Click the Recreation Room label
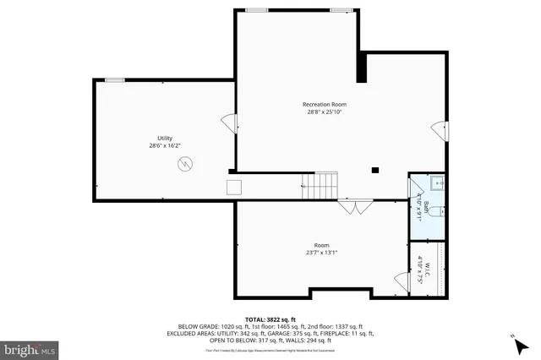(325, 105)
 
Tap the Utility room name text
(164, 138)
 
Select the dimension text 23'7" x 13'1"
(321, 252)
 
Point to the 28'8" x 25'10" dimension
(325, 112)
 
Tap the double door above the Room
(354, 205)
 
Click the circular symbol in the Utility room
(185, 165)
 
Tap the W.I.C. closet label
(428, 273)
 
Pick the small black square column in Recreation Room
(374, 171)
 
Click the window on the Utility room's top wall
(115, 80)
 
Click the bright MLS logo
(30, 348)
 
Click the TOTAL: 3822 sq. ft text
(270, 319)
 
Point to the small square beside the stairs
(234, 187)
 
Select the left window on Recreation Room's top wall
(256, 10)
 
